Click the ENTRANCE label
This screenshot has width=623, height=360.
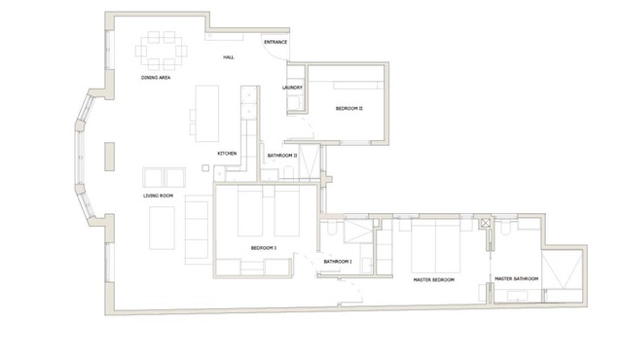point(275,42)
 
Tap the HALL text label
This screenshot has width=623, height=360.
point(229,57)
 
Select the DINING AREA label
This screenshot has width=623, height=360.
point(156,78)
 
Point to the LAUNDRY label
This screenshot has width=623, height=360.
point(292,88)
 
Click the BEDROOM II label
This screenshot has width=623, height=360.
point(349,108)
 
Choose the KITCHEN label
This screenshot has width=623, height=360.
point(227,154)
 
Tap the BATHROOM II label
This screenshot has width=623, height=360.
point(282,156)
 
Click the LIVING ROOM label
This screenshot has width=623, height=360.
point(158,196)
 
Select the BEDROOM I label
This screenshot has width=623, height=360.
point(264,248)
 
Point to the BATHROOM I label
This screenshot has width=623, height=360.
point(338,262)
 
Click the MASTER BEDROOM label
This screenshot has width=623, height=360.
point(433,280)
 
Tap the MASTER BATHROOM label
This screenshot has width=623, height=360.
point(517,279)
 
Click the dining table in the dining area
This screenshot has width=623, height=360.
point(162,52)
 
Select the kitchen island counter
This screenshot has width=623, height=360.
point(207,114)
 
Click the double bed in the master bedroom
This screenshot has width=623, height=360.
point(435,246)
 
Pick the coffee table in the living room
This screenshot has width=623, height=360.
point(162,229)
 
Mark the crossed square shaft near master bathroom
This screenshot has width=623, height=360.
point(486,223)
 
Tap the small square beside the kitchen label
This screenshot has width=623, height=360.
point(205,168)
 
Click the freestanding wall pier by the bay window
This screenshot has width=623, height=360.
point(110,157)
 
